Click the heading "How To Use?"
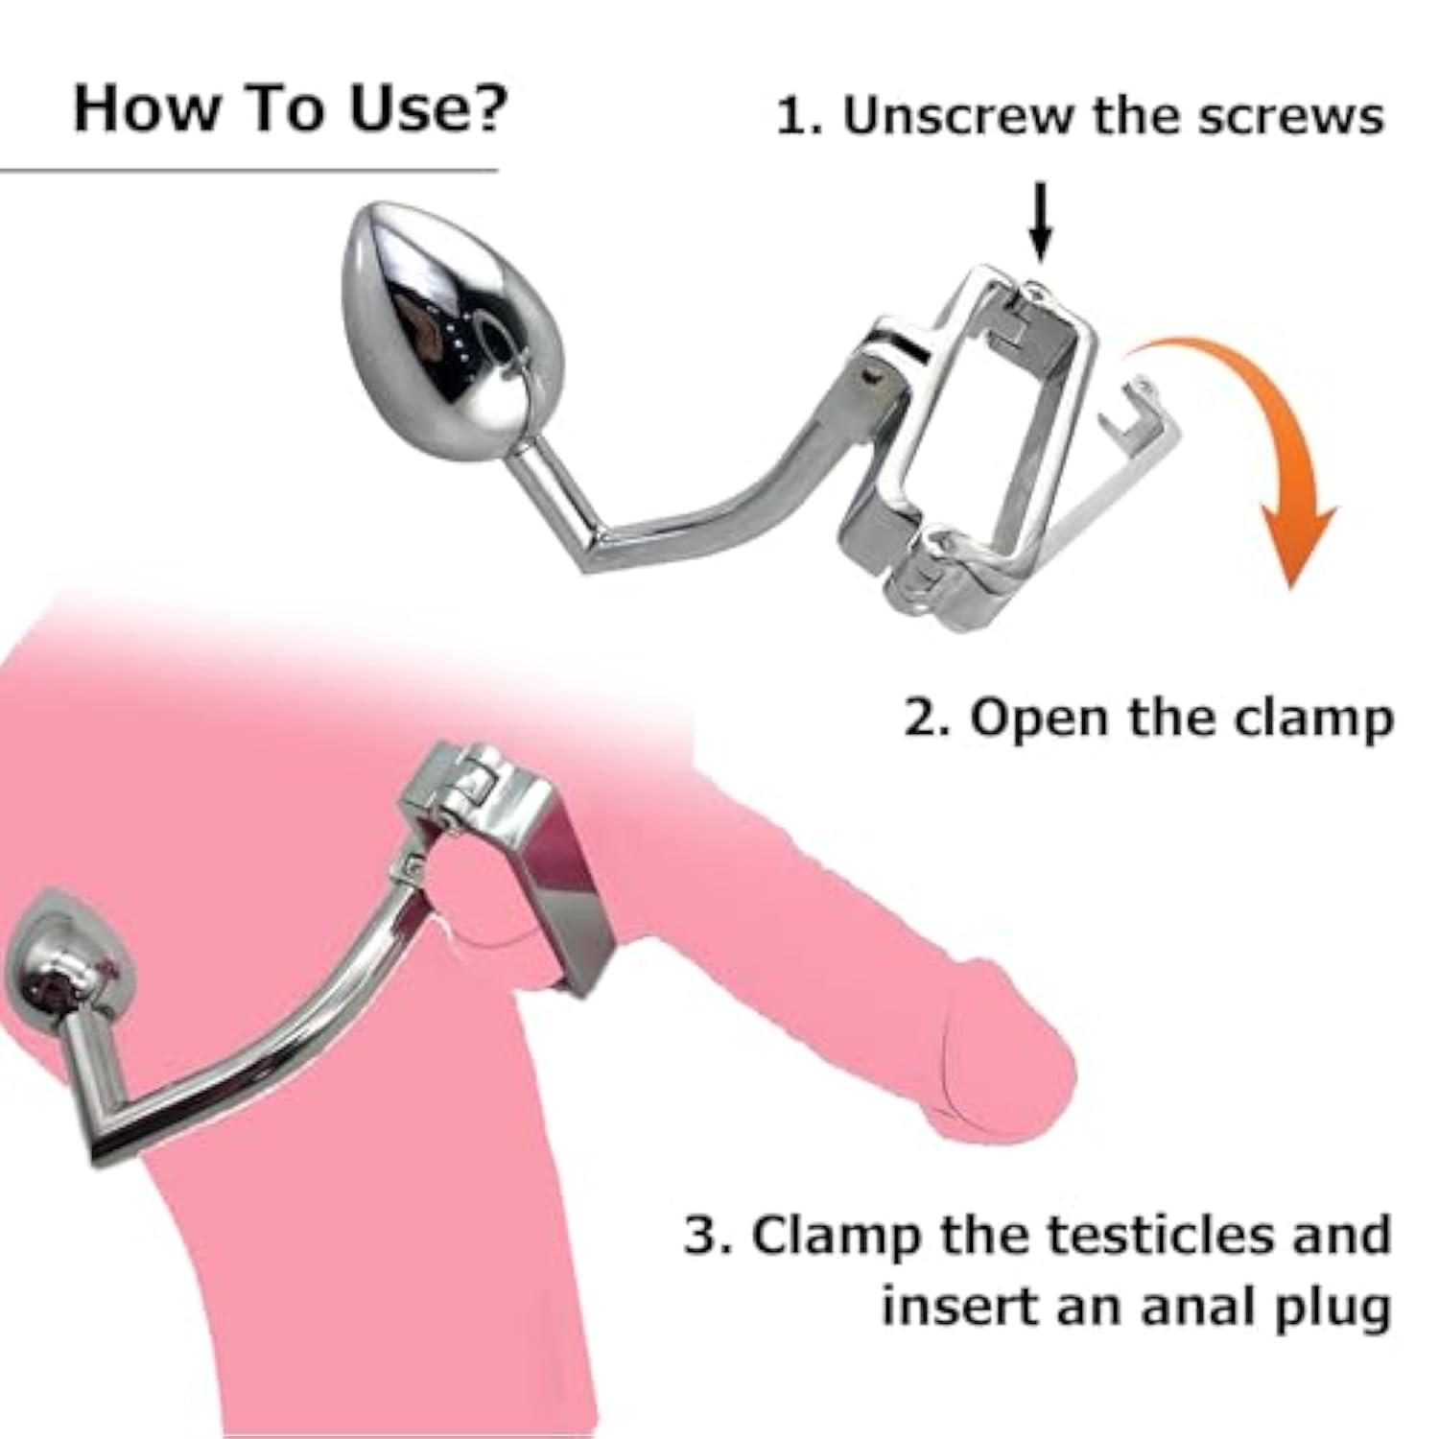tap(290, 109)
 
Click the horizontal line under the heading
tap(249, 172)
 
